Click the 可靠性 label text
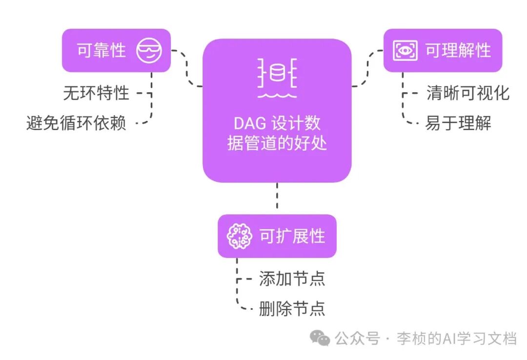click(101, 50)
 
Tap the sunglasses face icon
click(149, 50)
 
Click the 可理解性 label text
click(458, 50)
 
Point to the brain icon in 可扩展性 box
click(240, 236)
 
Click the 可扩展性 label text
click(292, 236)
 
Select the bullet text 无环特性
click(96, 93)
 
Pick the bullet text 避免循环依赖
click(76, 122)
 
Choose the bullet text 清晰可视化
click(468, 93)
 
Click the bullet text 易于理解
click(458, 122)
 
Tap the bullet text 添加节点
click(292, 279)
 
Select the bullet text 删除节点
click(292, 308)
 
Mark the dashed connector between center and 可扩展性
click(277, 198)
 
